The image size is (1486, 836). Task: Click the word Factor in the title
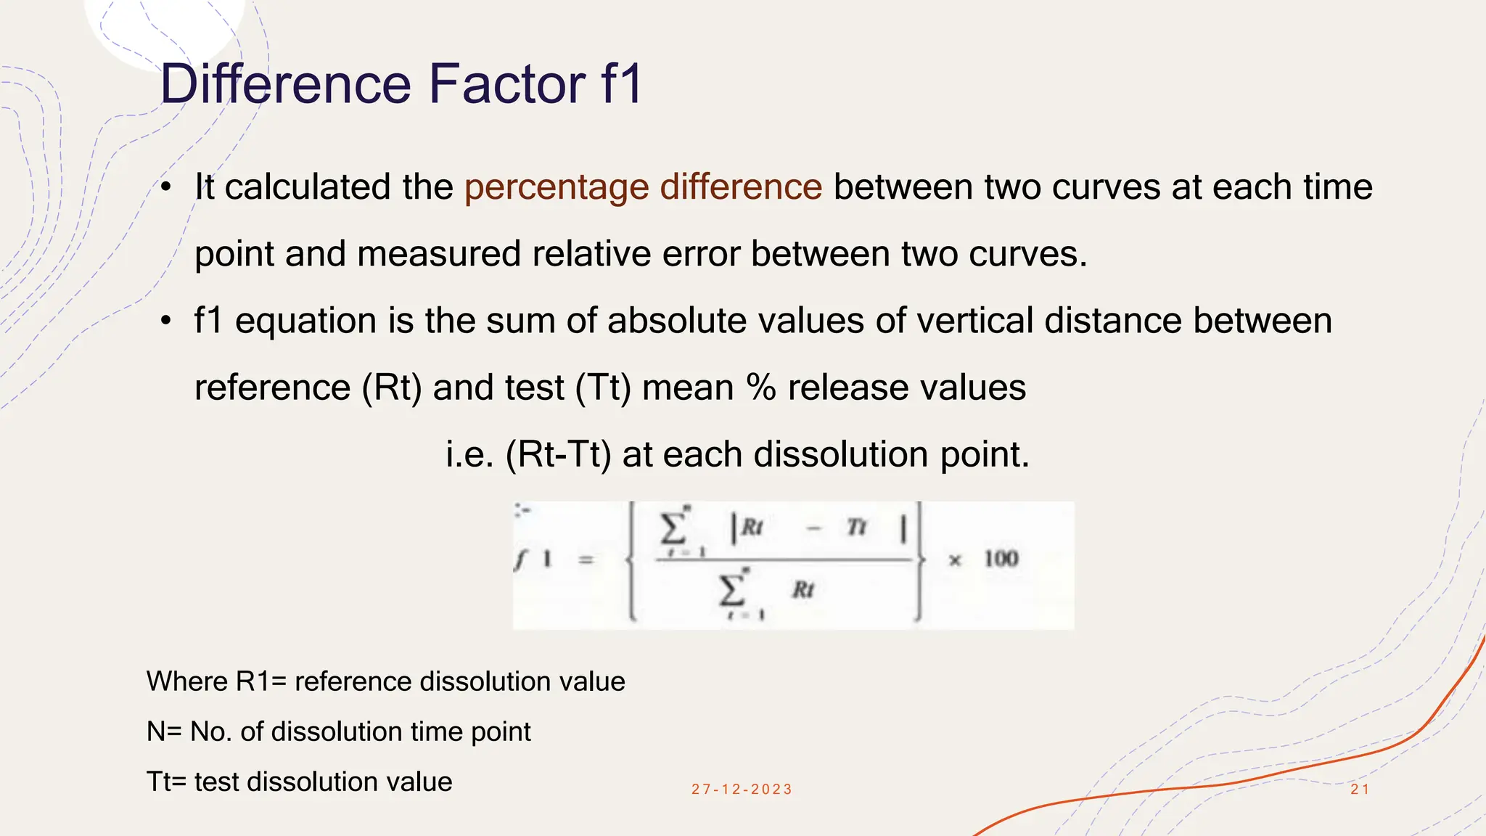[508, 84]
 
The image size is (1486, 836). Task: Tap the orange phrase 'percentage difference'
[643, 187]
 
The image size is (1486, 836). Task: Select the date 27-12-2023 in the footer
[742, 789]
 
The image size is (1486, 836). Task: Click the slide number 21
[1360, 789]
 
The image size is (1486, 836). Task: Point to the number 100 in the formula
[1001, 558]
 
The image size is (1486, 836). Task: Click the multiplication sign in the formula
[955, 560]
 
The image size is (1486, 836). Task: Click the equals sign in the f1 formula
[586, 560]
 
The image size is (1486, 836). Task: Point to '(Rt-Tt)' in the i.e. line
[559, 455]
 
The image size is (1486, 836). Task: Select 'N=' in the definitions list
[165, 731]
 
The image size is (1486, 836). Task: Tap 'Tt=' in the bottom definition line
[167, 782]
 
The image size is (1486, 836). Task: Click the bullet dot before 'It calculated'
[166, 187]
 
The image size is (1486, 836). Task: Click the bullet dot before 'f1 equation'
[166, 321]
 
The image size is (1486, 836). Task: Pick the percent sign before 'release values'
[761, 388]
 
